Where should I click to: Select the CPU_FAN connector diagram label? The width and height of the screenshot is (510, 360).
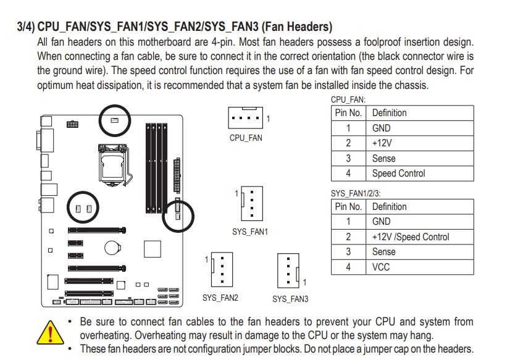click(x=246, y=138)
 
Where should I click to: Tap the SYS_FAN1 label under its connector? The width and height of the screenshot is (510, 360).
click(x=250, y=232)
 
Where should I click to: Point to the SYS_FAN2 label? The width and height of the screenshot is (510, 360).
click(x=220, y=298)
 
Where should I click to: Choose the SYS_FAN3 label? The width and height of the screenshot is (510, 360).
click(x=290, y=299)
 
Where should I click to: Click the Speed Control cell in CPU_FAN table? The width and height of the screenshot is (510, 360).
click(x=398, y=174)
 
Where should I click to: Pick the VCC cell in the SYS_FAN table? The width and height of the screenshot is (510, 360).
click(x=381, y=267)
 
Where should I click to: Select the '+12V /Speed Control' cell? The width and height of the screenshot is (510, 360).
click(x=411, y=237)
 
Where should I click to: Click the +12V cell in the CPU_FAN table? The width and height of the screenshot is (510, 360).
click(x=382, y=143)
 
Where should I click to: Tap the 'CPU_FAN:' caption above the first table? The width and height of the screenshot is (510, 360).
click(x=348, y=99)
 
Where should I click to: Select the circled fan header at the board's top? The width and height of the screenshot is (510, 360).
click(x=115, y=119)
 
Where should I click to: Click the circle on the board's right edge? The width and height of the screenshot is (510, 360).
click(x=178, y=214)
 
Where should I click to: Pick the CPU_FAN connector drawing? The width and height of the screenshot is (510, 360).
click(x=246, y=117)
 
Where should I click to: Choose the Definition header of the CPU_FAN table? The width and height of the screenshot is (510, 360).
click(x=389, y=113)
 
